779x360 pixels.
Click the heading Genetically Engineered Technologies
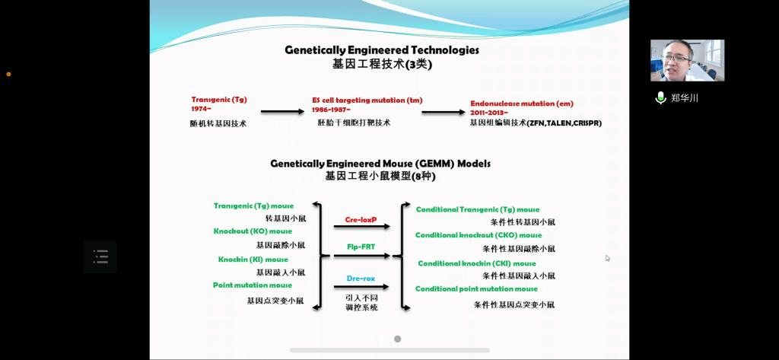[x=381, y=50]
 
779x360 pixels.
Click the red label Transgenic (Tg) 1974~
[x=219, y=104]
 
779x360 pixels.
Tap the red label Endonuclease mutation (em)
[x=521, y=104]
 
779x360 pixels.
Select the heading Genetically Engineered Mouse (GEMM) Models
[x=380, y=163]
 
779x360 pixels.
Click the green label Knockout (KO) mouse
[x=253, y=231]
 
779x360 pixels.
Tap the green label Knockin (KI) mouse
[x=253, y=260]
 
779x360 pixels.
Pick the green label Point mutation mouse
[x=253, y=285]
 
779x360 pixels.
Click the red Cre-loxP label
[x=361, y=218]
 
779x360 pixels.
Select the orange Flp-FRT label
[x=361, y=247]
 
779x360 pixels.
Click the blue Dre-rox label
[x=361, y=278]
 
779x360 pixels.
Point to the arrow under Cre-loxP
[x=361, y=227]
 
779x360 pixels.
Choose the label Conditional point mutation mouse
[x=476, y=289]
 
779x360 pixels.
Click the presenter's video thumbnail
[x=687, y=60]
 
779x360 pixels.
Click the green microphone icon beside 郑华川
[x=660, y=97]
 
